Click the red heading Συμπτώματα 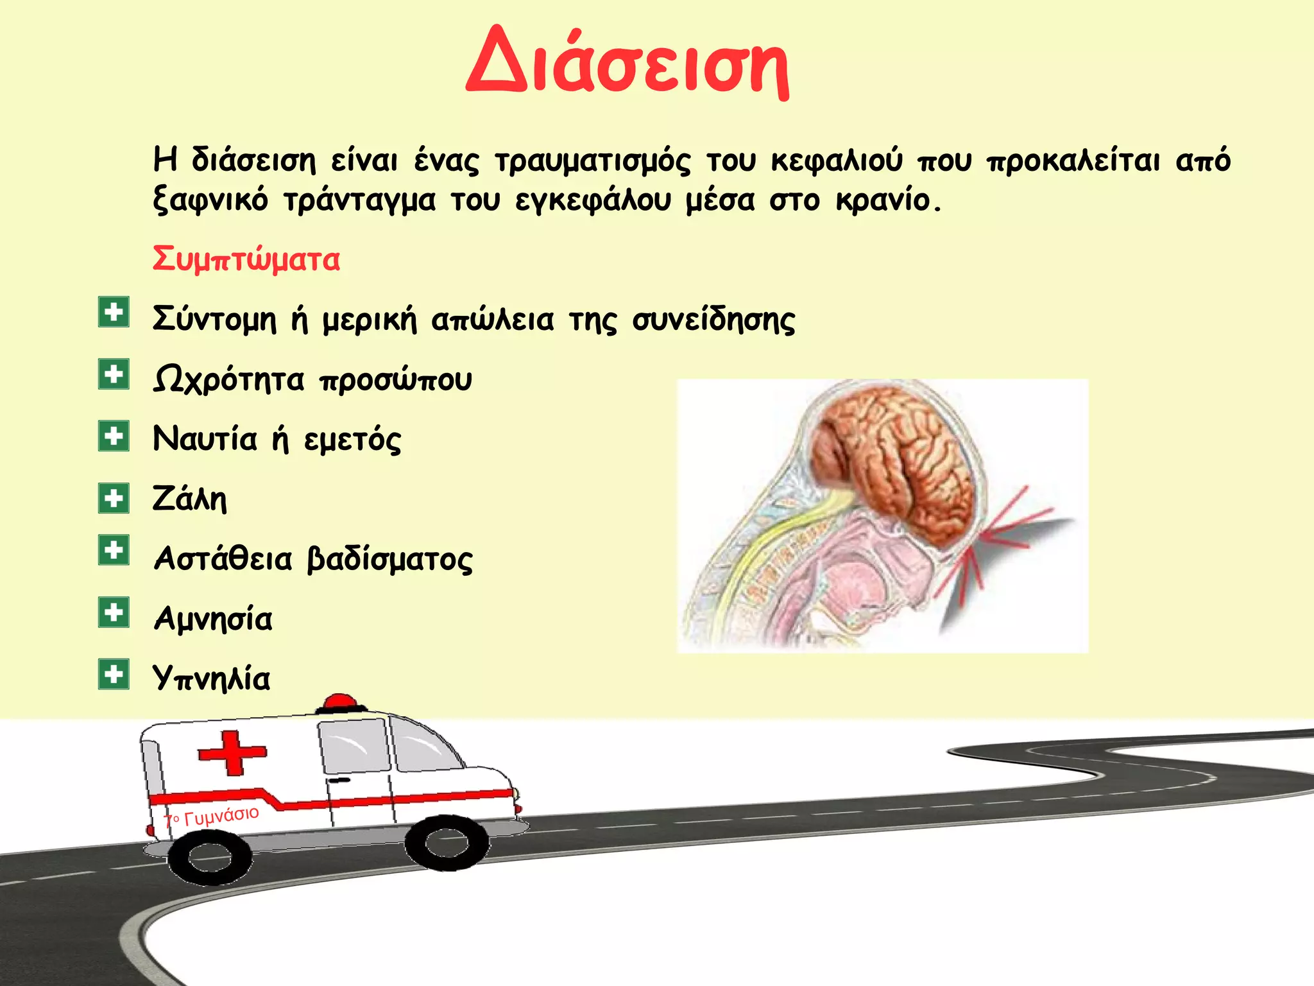click(246, 260)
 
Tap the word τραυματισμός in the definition click(593, 160)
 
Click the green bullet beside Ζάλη click(114, 498)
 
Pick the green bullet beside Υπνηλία click(114, 674)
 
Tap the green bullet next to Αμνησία click(114, 612)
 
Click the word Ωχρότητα click(228, 380)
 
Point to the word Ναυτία click(205, 440)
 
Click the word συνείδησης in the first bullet click(713, 320)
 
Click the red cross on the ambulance click(232, 752)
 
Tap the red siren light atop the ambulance click(339, 702)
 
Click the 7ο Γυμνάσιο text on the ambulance click(212, 817)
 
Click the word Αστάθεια click(223, 559)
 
